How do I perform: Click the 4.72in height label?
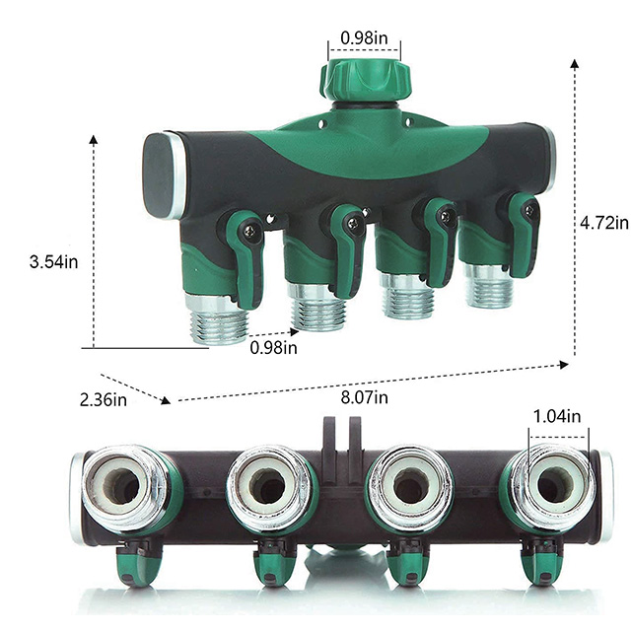pyautogui.click(x=604, y=223)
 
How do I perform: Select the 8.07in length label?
pyautogui.click(x=365, y=397)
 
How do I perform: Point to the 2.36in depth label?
pyautogui.click(x=104, y=399)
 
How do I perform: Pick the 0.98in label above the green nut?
pyautogui.click(x=364, y=38)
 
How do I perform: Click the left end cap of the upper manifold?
pyautogui.click(x=161, y=174)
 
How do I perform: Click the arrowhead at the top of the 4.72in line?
pyautogui.click(x=575, y=62)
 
